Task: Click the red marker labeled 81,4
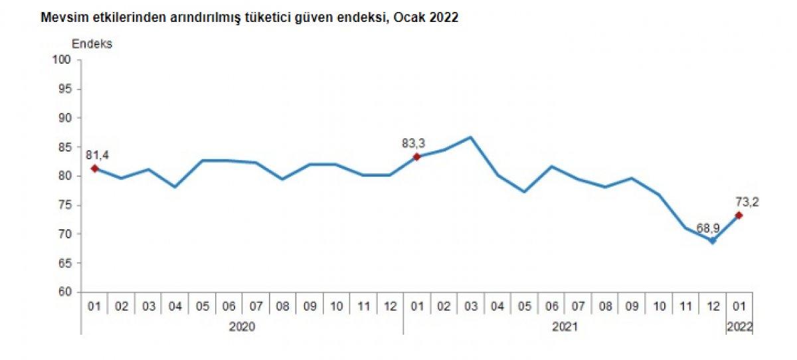tap(94, 168)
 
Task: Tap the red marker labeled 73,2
tap(739, 215)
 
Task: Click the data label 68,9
tap(707, 228)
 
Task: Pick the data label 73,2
tap(747, 201)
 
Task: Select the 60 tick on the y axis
tap(64, 292)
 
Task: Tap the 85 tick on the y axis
tap(64, 147)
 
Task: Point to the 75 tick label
tap(64, 205)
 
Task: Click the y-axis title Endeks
tap(92, 44)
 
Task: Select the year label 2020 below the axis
tap(242, 327)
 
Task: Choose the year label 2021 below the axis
tap(565, 327)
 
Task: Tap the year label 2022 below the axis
tap(740, 327)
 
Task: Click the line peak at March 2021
tap(470, 137)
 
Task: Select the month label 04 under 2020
tap(175, 307)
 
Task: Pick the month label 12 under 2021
tap(713, 307)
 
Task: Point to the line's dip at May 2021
tap(524, 192)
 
